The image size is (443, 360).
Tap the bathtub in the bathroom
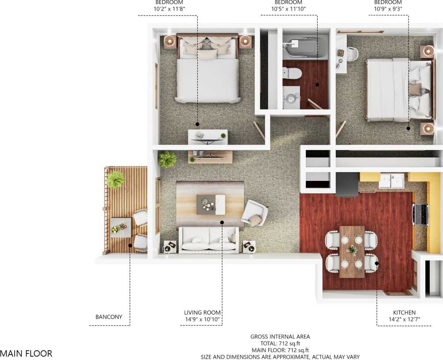pos(304,47)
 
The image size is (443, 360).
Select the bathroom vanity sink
pos(291,98)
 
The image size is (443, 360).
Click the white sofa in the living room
pos(208,240)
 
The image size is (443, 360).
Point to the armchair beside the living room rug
pos(255,213)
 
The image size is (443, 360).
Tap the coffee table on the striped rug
pos(210,204)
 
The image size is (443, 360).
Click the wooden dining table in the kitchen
pos(352,251)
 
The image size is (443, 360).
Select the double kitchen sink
pos(391,181)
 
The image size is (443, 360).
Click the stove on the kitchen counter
pos(420,214)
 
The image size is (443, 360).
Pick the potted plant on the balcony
pos(116,179)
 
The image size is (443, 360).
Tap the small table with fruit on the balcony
pos(120,228)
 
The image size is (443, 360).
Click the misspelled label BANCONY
pos(109,317)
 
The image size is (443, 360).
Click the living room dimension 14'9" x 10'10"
pos(202,320)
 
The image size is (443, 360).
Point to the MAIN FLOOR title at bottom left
pos(26,353)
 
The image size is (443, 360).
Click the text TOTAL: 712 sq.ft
pos(280,343)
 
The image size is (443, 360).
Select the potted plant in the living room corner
pos(167,159)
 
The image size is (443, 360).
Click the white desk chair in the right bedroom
pos(352,54)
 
